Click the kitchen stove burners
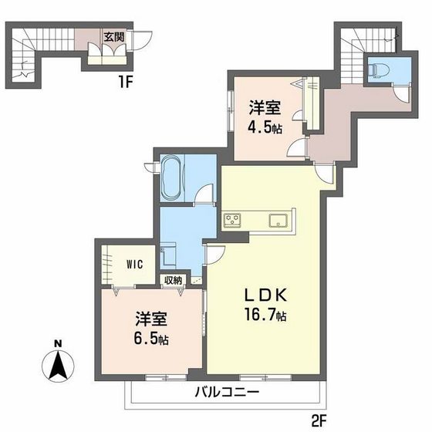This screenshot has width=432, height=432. point(233,221)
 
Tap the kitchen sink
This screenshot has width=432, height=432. point(278,221)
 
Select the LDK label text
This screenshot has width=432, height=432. point(267,295)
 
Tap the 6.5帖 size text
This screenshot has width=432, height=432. point(150,339)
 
